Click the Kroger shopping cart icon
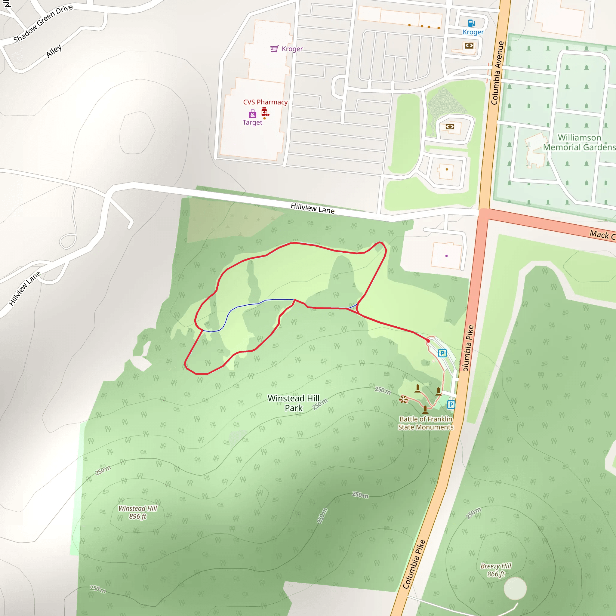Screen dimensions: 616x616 point(274,49)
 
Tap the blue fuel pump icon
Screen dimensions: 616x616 point(471,23)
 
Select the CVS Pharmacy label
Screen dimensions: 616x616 point(265,102)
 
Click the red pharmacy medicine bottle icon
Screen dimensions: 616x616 point(265,112)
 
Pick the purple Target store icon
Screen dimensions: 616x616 point(253,114)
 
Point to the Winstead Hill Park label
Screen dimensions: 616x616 point(294,403)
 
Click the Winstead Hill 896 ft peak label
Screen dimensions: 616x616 point(138,512)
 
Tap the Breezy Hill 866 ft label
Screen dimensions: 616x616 point(496,570)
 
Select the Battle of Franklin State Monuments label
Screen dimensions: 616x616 point(426,423)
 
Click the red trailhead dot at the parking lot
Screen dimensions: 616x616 point(428,341)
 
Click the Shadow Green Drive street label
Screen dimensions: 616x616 point(43,23)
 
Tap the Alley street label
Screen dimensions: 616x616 point(54,51)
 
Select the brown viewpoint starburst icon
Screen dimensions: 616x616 point(403,399)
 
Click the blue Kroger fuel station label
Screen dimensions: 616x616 point(473,32)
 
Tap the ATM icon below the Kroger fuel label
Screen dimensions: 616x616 point(469,46)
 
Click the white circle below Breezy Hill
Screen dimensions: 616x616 point(515,588)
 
